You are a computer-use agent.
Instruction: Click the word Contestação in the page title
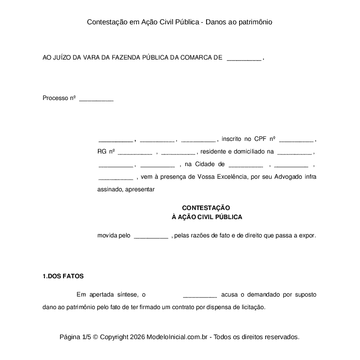pos(104,22)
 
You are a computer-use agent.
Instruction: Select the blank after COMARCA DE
pos(244,59)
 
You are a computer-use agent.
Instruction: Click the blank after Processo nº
pos(96,99)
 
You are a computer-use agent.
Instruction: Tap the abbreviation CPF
pos(260,139)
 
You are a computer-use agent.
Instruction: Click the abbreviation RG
pos(102,152)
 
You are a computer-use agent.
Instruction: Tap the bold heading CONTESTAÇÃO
pos(206,208)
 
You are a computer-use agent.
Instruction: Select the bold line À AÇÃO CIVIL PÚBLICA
pos(207,217)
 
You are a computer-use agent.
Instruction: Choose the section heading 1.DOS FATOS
pos(63,276)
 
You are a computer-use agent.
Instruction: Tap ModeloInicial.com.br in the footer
pos(178,337)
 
